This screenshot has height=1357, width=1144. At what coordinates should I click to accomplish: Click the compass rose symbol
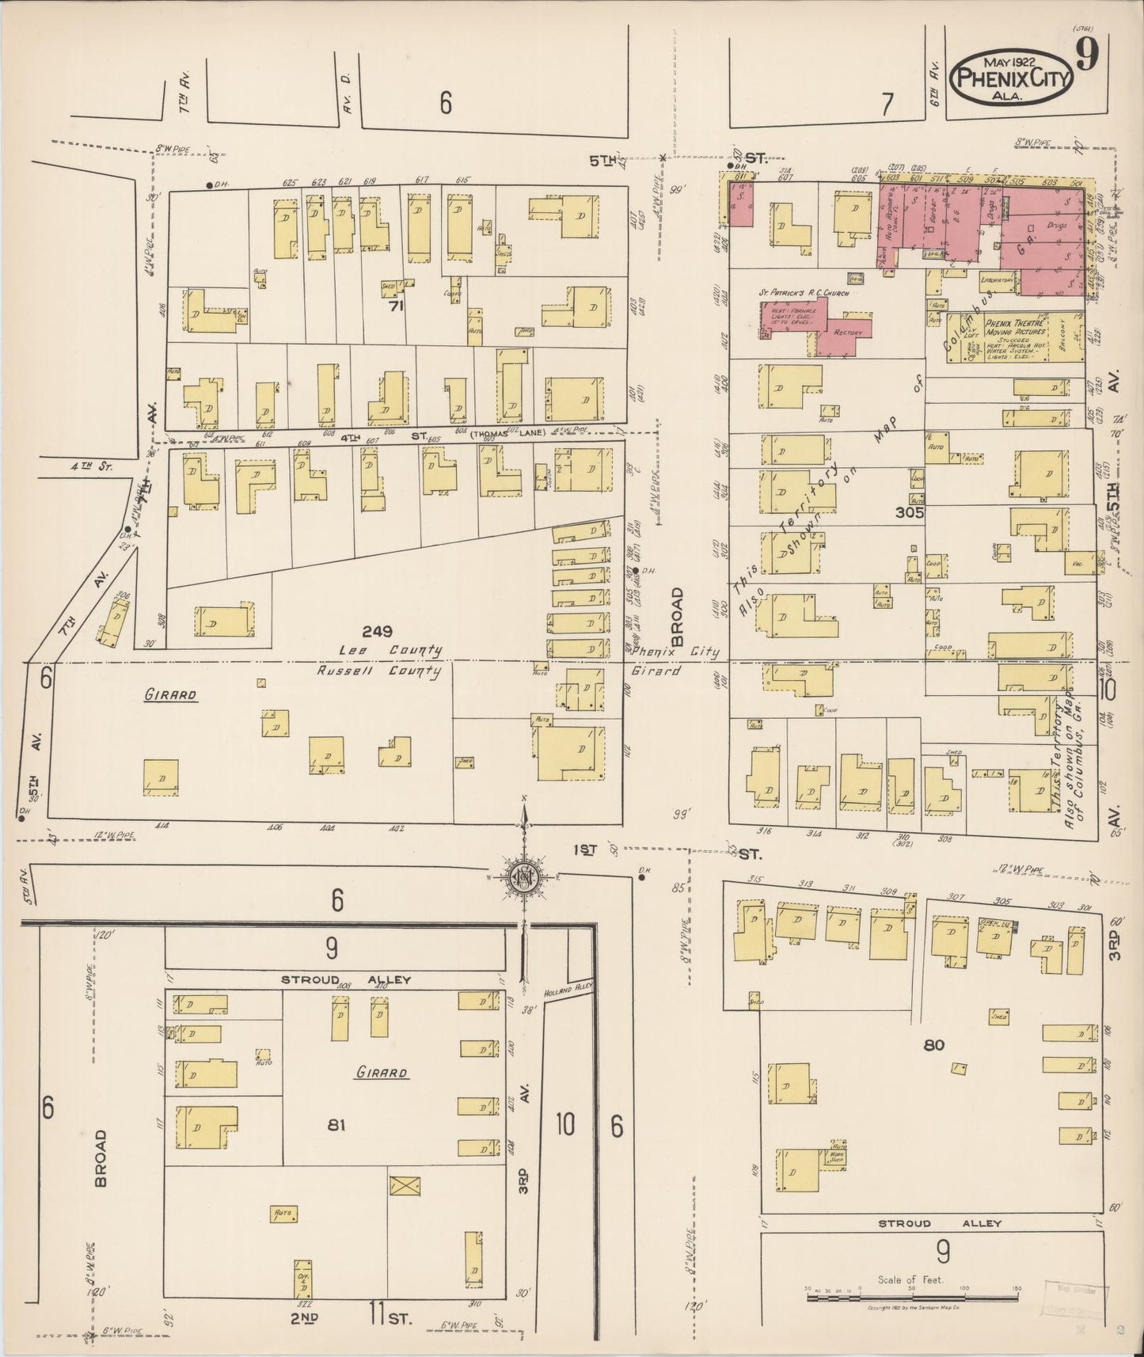coord(524,876)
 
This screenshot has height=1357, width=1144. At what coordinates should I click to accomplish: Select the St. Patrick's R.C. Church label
coord(804,293)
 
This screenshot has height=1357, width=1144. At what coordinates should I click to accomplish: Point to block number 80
coord(934,1045)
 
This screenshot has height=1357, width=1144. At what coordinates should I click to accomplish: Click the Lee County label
coord(390,650)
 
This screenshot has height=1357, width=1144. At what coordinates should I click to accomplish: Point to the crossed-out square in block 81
coord(405,1185)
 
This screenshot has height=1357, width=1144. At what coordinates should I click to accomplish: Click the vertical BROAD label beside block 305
coord(678,617)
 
